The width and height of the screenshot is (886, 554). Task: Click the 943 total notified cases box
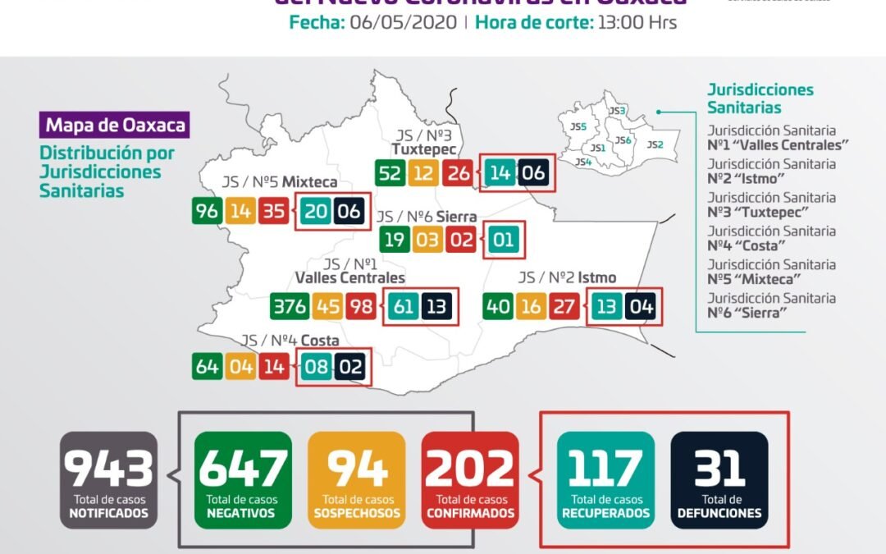pos(109,479)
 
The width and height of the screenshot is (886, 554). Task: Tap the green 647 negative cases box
pos(243,479)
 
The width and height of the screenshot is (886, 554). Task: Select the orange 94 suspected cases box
pos(357,479)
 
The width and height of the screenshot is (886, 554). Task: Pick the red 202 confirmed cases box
pos(470,479)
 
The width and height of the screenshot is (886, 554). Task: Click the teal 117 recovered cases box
pos(605,479)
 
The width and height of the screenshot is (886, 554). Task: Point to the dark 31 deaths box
pos(719,479)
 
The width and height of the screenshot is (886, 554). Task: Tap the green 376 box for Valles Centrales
pos(289,307)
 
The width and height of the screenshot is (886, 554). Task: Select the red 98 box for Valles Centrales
pos(360,307)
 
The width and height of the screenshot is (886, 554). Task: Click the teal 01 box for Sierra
pos(504,240)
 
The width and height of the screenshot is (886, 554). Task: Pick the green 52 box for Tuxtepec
pos(390,173)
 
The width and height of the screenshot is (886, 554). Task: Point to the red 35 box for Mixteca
pos(274,211)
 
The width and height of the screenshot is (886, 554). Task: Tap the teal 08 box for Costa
pos(316,366)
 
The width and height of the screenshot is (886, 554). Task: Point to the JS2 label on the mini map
pos(655,144)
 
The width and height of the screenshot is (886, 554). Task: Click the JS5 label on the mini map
pos(578,126)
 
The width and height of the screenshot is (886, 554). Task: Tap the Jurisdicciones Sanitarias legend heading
pos(760,98)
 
